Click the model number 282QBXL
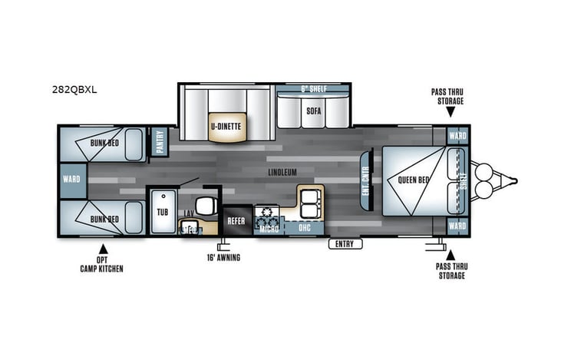tap(75, 88)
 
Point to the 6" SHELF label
tap(313, 89)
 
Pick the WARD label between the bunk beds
tap(71, 180)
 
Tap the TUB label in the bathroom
tap(163, 211)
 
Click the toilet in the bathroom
tap(204, 206)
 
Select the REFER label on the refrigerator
tap(235, 221)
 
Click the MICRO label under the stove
tap(268, 228)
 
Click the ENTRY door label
tap(345, 244)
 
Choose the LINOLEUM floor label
tap(283, 172)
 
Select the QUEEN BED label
tap(414, 181)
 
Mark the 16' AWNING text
tap(223, 258)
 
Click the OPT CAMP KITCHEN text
tap(102, 264)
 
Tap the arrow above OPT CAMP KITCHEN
tap(101, 249)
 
